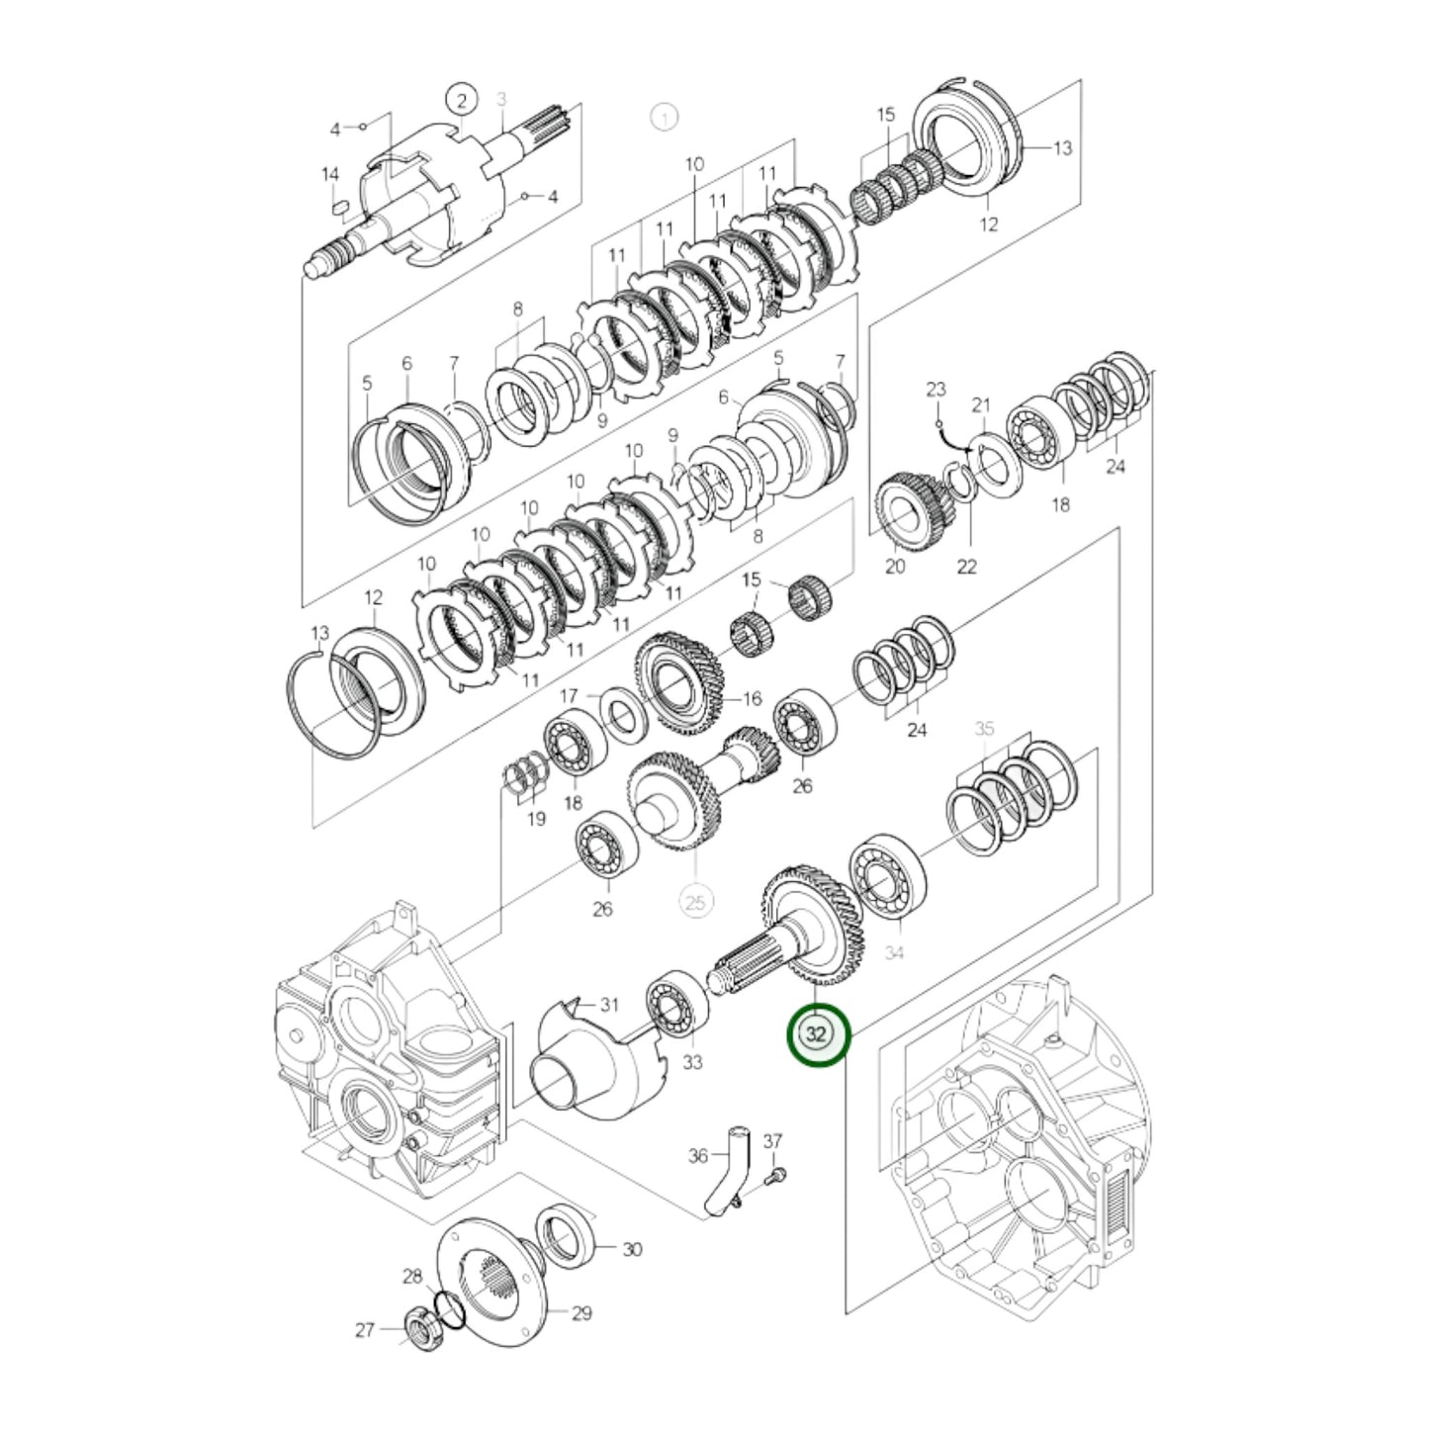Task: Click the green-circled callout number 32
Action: pyautogui.click(x=817, y=1034)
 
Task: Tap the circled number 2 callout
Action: pyautogui.click(x=460, y=100)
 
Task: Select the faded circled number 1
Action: pyautogui.click(x=665, y=118)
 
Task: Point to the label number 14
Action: pyautogui.click(x=330, y=174)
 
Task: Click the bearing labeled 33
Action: pyautogui.click(x=677, y=1003)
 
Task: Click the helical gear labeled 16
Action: pyautogui.click(x=682, y=683)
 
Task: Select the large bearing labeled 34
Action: pyautogui.click(x=889, y=875)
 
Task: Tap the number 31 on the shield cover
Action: pyautogui.click(x=609, y=1005)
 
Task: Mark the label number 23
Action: pyautogui.click(x=936, y=390)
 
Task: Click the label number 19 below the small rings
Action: pyautogui.click(x=535, y=819)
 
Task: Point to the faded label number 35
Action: pyautogui.click(x=984, y=729)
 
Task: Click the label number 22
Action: pyautogui.click(x=966, y=566)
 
